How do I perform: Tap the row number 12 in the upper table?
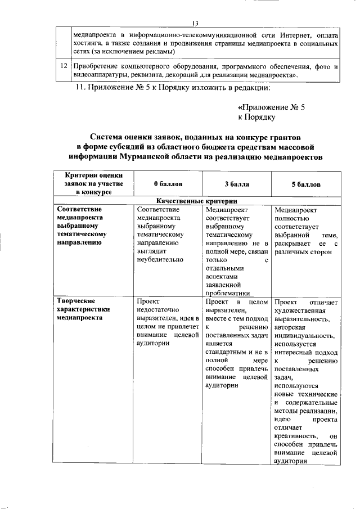[x=65, y=66]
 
